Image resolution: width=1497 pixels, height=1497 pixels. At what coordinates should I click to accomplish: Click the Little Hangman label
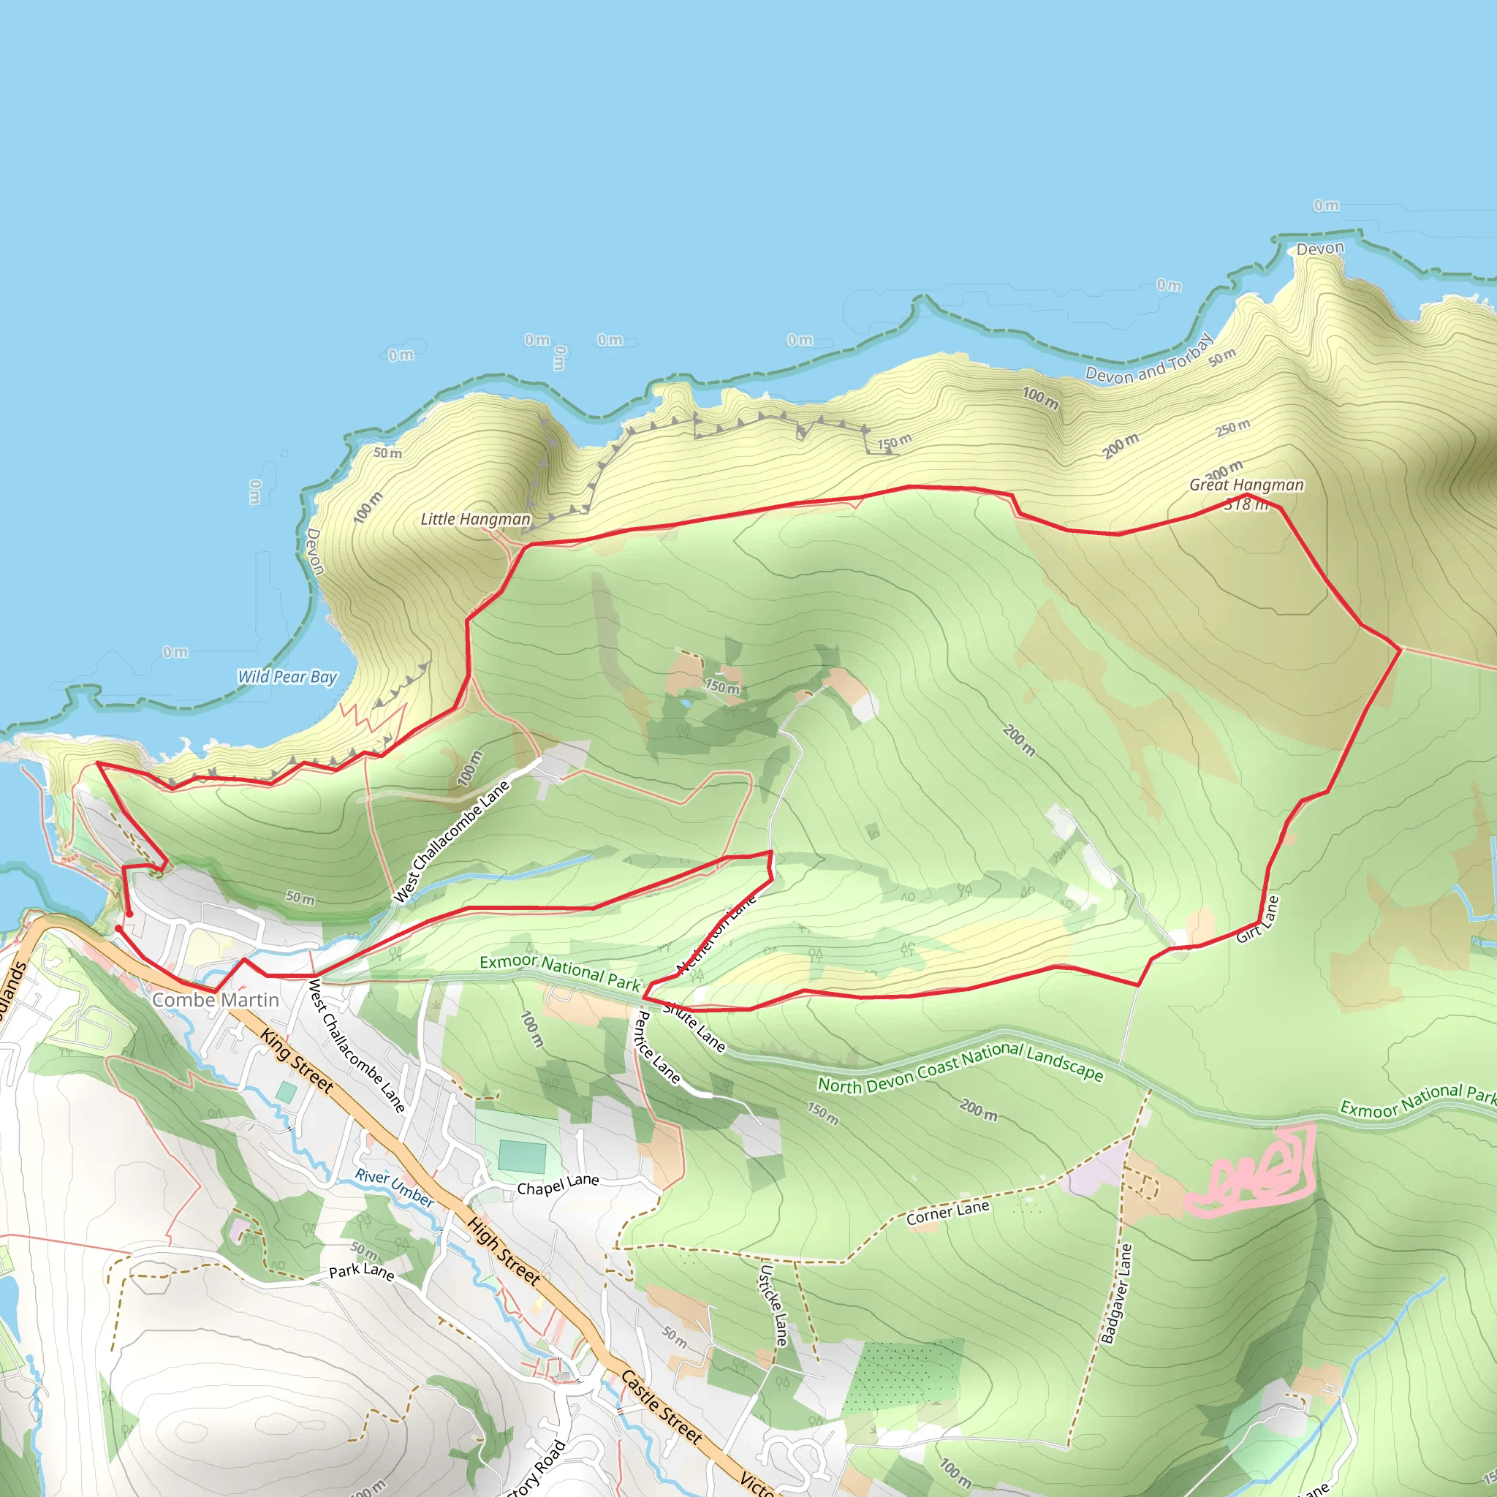pos(475,519)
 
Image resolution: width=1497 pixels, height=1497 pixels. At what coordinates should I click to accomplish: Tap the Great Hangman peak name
pos(1246,485)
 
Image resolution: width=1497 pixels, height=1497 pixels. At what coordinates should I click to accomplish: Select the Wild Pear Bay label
pos(287,676)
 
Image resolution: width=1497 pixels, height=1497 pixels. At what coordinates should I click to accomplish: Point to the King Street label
pos(297,1061)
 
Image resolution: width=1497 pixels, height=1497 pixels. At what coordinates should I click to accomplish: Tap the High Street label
pos(504,1251)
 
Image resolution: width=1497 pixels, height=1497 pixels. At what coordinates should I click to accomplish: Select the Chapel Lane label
pos(558,1184)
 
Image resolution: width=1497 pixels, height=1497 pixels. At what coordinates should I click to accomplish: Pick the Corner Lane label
pos(947,1213)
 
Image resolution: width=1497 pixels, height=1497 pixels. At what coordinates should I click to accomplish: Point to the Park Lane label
pos(361,1273)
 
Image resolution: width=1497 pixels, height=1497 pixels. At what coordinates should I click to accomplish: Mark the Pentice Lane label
pos(657,1047)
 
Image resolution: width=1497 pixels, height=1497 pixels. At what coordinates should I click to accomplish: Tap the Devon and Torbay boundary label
pos(1148,360)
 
